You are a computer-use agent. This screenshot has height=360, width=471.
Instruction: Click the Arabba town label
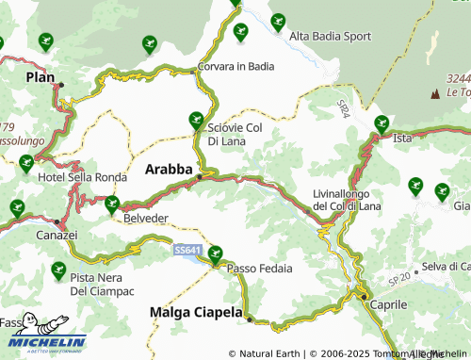170,170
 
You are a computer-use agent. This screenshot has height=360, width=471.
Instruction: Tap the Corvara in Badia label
235,66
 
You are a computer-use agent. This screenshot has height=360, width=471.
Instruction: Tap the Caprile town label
388,305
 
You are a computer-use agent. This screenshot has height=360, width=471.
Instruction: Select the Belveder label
146,218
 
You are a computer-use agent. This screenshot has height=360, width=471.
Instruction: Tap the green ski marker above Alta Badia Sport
277,21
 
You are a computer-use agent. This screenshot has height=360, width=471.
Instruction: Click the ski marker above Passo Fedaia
216,252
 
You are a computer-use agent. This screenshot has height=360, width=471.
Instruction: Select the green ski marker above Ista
382,123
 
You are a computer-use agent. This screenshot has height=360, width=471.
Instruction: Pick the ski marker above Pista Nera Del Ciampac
58,269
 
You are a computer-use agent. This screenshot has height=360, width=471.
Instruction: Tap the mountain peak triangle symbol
435,94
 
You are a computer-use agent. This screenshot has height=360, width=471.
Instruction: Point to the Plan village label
41,77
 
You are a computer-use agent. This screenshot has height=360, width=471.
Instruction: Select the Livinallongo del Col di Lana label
348,200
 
